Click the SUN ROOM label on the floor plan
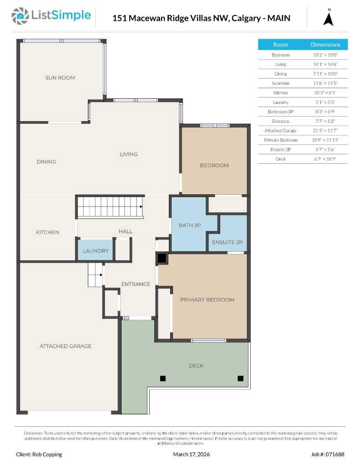(60, 78)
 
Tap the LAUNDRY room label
(96, 251)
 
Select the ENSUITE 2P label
(227, 242)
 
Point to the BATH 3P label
(190, 225)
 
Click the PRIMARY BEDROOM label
(207, 299)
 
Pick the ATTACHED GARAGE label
(66, 346)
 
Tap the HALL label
(126, 231)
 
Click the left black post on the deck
(162, 378)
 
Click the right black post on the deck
(240, 378)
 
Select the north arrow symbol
(328, 19)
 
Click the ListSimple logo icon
(19, 16)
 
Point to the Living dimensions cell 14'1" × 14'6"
(325, 64)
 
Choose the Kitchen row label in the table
(280, 92)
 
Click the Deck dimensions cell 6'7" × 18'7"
(325, 159)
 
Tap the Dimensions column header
(325, 45)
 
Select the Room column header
(280, 45)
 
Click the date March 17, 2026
(192, 454)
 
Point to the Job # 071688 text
(328, 454)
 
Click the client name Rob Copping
(39, 454)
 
